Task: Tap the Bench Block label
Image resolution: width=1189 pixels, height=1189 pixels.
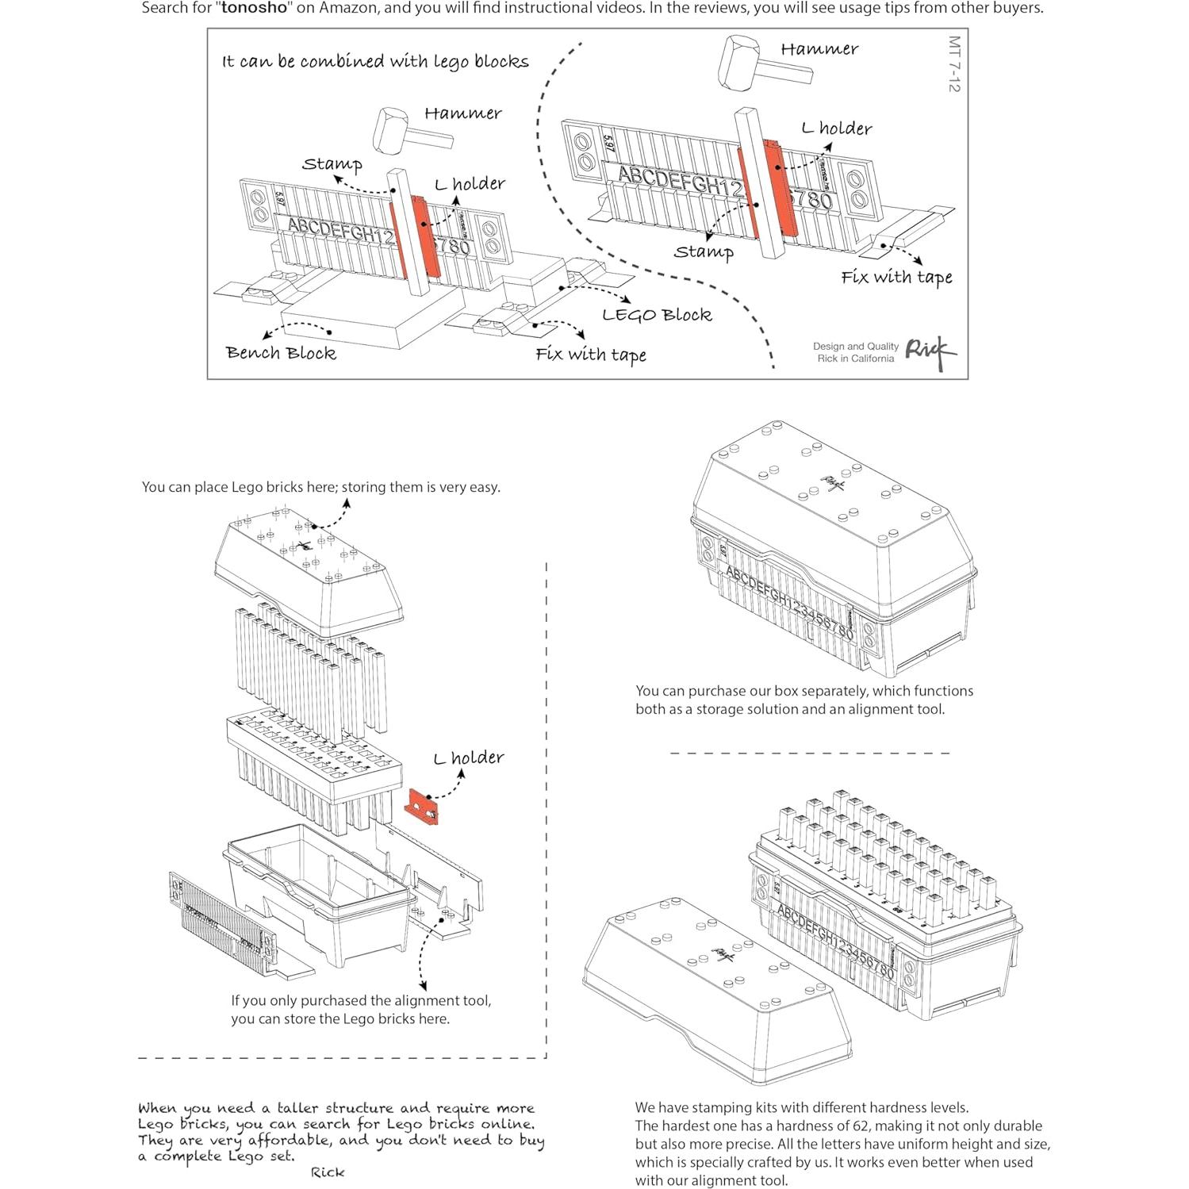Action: click(281, 353)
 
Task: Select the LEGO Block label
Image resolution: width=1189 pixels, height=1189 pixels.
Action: click(657, 315)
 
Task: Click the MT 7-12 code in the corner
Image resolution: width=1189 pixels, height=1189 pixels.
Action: click(953, 63)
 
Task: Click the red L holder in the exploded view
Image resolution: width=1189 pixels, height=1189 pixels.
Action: click(422, 807)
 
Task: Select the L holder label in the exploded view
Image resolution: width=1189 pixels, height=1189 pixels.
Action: click(469, 758)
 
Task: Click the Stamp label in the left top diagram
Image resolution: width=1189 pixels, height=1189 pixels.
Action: click(332, 164)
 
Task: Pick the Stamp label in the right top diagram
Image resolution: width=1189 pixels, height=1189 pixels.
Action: click(704, 252)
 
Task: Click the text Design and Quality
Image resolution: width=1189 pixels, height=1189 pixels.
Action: click(855, 347)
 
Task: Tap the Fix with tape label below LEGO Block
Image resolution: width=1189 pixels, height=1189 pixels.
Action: click(591, 355)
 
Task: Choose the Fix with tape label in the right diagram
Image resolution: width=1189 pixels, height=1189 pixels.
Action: click(896, 278)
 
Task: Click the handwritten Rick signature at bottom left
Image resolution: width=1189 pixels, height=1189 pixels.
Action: click(328, 1172)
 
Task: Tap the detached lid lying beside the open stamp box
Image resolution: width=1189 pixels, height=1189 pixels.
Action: click(714, 991)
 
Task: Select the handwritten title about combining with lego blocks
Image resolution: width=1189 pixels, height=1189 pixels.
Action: click(375, 62)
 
